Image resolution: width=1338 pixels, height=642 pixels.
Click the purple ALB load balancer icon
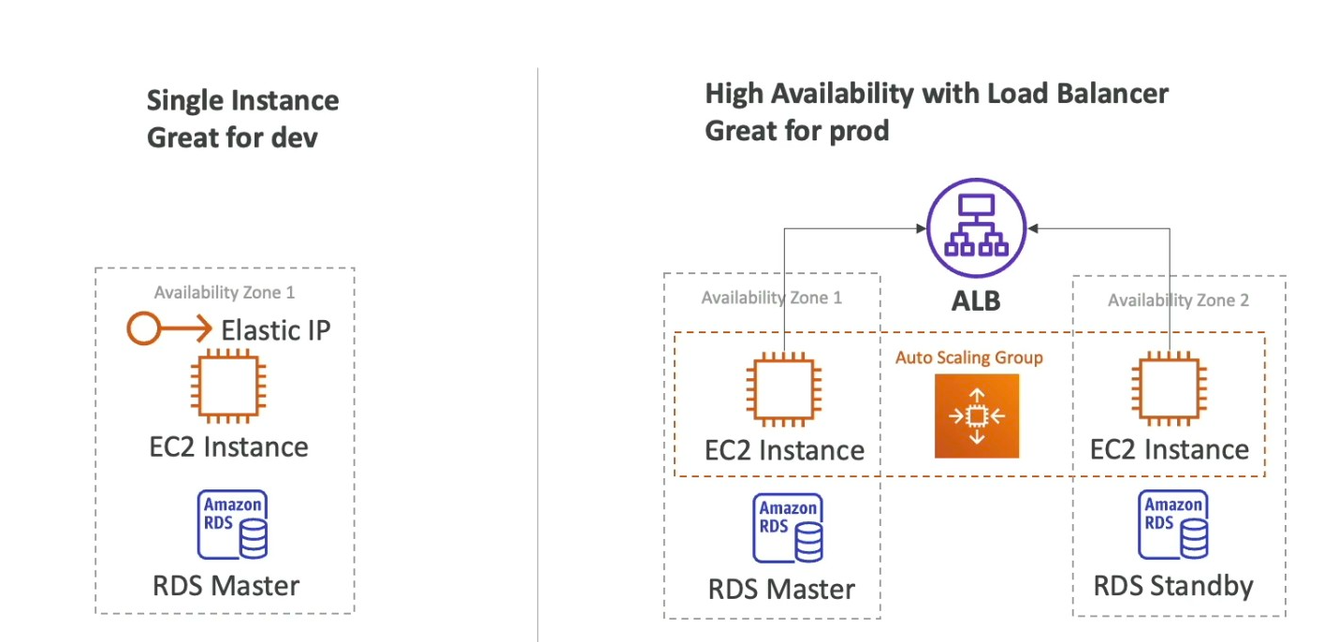click(x=975, y=227)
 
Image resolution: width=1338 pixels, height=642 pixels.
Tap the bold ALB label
click(x=975, y=300)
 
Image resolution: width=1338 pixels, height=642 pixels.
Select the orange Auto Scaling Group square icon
click(x=976, y=416)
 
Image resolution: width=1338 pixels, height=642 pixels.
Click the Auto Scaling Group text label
click(x=968, y=357)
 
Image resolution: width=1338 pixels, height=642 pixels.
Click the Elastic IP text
click(x=275, y=329)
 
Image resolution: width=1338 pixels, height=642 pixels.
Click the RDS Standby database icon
click(x=1175, y=524)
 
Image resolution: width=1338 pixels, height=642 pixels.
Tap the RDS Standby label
click(x=1173, y=587)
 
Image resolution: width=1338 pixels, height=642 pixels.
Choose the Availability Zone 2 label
click(x=1178, y=300)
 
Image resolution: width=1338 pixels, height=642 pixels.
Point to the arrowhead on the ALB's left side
click(x=919, y=227)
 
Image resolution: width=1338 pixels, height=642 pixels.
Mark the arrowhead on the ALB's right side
click(x=1032, y=227)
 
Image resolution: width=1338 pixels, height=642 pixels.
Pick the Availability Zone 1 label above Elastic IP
click(x=225, y=293)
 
